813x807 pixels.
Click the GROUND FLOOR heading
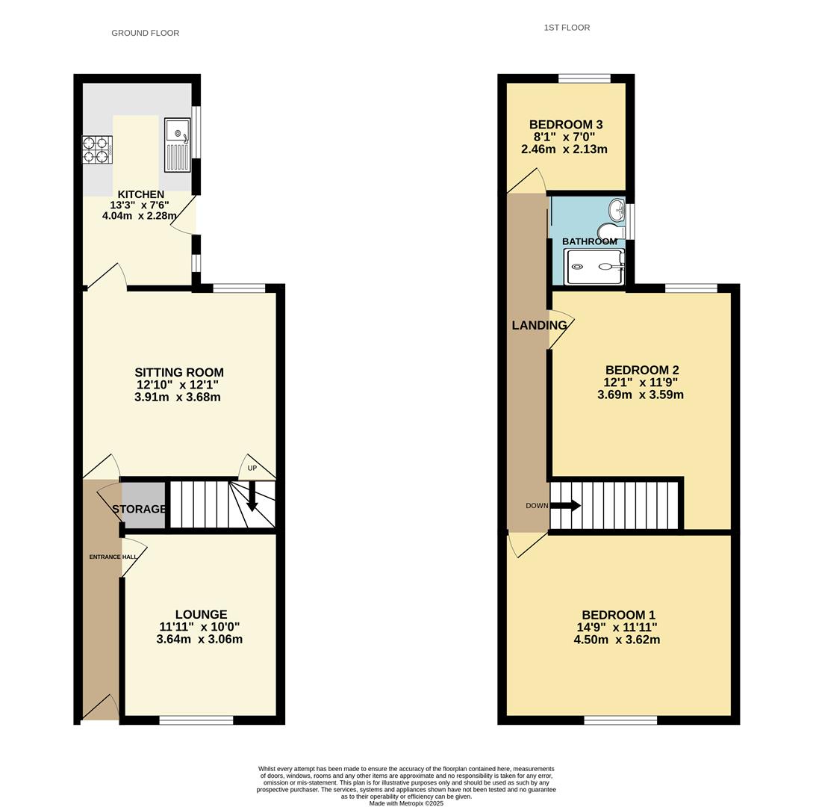(145, 33)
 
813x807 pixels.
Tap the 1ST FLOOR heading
(567, 28)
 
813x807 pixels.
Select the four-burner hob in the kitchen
(97, 149)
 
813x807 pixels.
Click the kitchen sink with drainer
(178, 145)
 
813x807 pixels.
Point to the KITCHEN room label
(141, 194)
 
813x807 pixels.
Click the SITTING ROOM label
(179, 372)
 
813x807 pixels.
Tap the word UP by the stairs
(252, 468)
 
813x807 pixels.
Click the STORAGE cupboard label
(140, 509)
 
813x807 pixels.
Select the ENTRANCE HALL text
(113, 557)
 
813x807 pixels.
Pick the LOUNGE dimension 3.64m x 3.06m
(199, 640)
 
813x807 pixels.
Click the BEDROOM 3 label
(566, 125)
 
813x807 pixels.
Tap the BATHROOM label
(590, 241)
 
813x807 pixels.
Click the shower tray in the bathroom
(595, 266)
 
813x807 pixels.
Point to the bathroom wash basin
(617, 208)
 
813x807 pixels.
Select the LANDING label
(539, 325)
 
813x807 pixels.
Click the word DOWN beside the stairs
(538, 505)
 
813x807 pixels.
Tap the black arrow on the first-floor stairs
(565, 505)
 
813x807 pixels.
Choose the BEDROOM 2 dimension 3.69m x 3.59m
(641, 395)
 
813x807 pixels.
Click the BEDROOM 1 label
(619, 615)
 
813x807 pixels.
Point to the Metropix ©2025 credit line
(406, 803)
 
